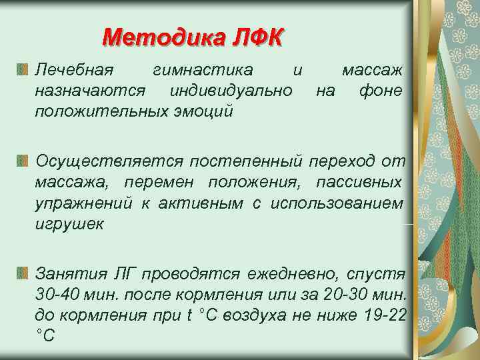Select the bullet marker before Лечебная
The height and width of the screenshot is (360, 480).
point(23,69)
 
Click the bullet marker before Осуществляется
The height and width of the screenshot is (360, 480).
point(23,161)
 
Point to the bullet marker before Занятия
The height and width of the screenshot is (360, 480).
point(23,273)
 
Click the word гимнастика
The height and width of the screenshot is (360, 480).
point(203,69)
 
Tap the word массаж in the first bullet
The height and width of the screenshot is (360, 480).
point(371,69)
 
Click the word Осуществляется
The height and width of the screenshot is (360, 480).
point(109,161)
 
